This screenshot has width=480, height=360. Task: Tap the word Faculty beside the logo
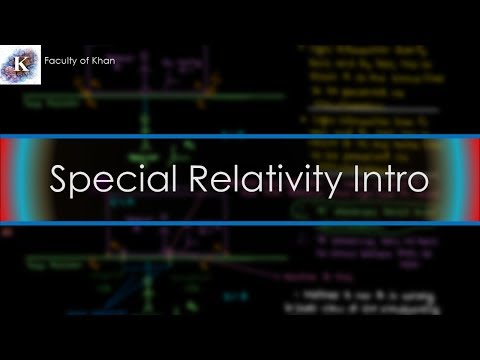click(62, 62)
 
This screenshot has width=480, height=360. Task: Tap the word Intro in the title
click(390, 180)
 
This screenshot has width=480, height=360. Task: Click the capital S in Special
click(59, 180)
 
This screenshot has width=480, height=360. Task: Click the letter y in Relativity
click(329, 184)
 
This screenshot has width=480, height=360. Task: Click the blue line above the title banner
click(240, 136)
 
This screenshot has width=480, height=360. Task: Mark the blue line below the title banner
click(240, 223)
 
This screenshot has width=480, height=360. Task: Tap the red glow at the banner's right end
click(473, 180)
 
